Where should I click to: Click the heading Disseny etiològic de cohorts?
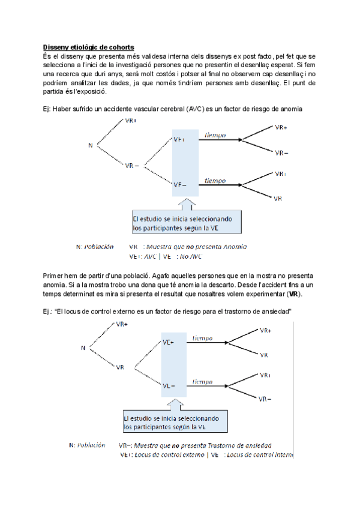[88, 47]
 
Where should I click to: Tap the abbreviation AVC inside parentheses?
[194, 108]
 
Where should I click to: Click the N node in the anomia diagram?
[91, 145]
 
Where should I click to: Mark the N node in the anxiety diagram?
[83, 348]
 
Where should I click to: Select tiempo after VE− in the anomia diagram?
[214, 180]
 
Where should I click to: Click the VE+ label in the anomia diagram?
[179, 140]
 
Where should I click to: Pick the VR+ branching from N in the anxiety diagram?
[121, 325]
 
